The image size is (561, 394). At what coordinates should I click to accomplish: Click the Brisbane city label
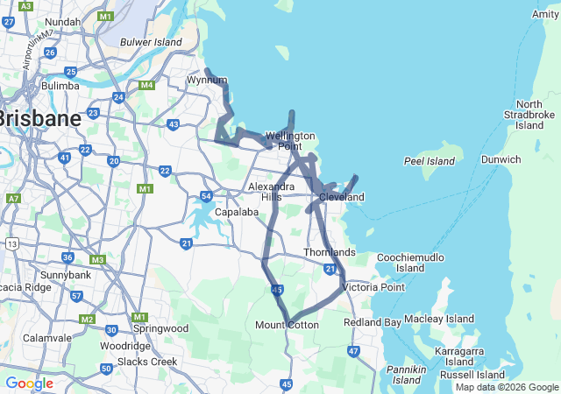click(x=40, y=117)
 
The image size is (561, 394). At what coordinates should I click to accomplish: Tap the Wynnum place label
click(x=207, y=81)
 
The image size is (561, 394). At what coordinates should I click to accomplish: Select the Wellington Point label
click(x=290, y=141)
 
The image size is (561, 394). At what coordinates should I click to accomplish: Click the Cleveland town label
click(x=342, y=198)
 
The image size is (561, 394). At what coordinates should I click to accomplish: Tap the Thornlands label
click(x=330, y=253)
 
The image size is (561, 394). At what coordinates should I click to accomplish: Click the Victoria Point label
click(x=374, y=287)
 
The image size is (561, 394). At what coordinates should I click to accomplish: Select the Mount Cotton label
click(x=287, y=325)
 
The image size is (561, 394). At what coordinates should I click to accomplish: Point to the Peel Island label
click(x=430, y=161)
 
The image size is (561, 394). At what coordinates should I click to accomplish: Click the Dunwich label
click(x=501, y=159)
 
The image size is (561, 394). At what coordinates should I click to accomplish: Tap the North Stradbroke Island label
click(x=529, y=115)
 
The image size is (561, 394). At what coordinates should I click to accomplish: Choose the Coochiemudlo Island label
click(x=403, y=262)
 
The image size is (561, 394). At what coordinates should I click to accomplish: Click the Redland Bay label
click(x=374, y=322)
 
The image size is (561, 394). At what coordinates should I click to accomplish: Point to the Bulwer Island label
click(x=151, y=42)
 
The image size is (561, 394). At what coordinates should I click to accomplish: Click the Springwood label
click(x=160, y=328)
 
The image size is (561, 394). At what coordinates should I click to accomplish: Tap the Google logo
click(x=29, y=383)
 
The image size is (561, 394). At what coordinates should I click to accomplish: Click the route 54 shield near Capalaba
click(x=206, y=196)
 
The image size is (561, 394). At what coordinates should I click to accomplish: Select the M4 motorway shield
click(x=146, y=85)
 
